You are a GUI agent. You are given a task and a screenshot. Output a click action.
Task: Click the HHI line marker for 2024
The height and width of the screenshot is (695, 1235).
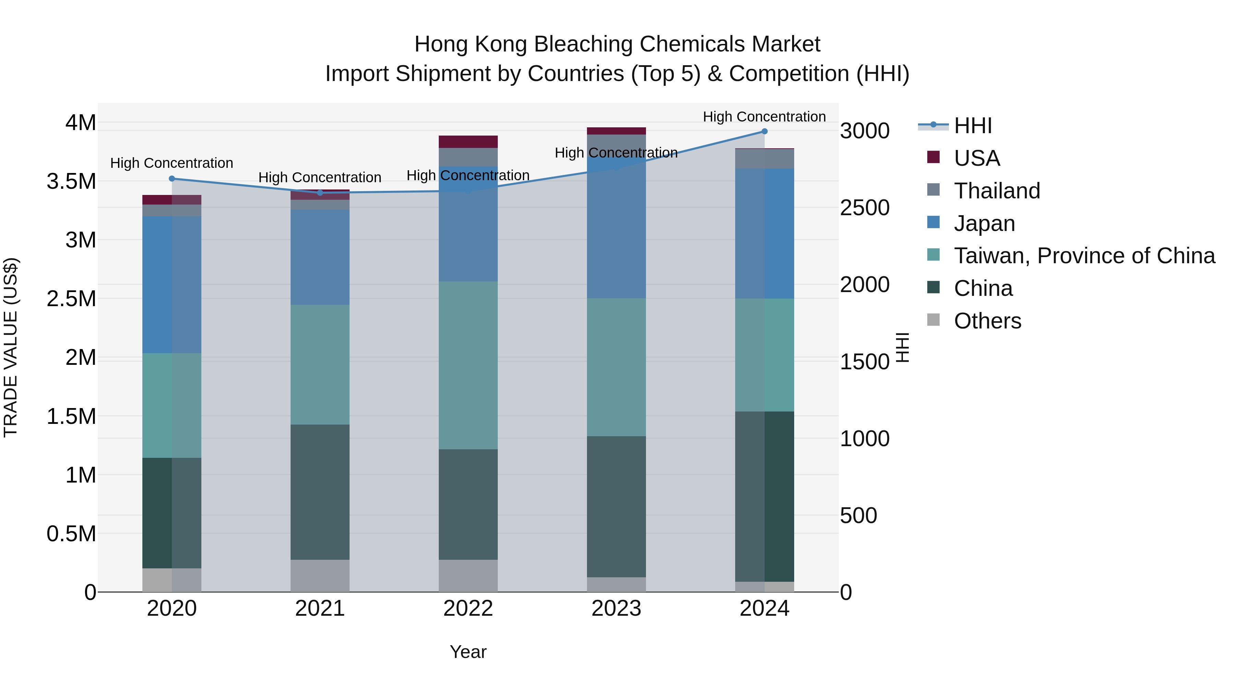(764, 131)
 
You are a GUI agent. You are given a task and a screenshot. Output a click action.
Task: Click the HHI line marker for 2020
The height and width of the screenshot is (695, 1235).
(172, 178)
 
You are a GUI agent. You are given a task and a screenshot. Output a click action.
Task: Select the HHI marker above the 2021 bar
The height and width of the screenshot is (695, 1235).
(320, 193)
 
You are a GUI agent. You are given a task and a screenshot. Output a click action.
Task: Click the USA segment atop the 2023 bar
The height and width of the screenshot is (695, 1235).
(616, 131)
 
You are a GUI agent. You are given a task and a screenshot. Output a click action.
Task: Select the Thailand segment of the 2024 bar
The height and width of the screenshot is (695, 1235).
(764, 159)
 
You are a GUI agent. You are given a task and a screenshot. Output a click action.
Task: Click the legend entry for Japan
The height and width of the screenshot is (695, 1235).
(984, 223)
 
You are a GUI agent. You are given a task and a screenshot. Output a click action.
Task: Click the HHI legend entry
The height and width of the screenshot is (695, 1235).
(972, 126)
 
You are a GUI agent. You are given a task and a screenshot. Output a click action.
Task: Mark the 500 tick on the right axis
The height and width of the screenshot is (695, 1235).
(858, 516)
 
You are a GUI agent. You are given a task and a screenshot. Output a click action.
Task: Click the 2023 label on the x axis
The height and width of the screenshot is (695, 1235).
(616, 609)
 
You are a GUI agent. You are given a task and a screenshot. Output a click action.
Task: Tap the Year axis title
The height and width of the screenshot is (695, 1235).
(468, 652)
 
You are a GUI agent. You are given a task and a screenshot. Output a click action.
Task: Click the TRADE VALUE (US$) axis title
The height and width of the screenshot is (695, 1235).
(11, 347)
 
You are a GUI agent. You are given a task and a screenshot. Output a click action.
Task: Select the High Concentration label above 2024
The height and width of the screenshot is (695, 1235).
(764, 117)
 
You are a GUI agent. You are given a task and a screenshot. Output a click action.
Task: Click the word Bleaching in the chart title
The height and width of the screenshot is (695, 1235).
(583, 44)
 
